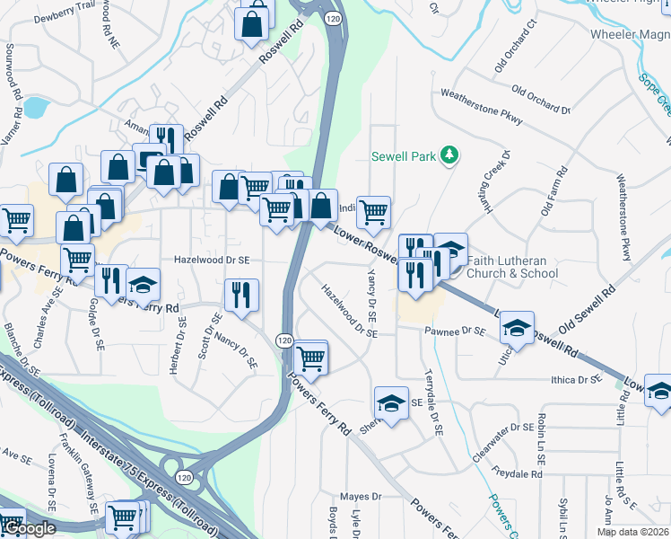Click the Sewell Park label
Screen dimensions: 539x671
(404, 156)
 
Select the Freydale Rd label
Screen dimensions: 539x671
(518, 473)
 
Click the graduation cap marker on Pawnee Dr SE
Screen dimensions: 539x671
(517, 330)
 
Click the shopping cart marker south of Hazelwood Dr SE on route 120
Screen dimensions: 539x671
(310, 358)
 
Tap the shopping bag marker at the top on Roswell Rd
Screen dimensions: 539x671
(253, 22)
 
